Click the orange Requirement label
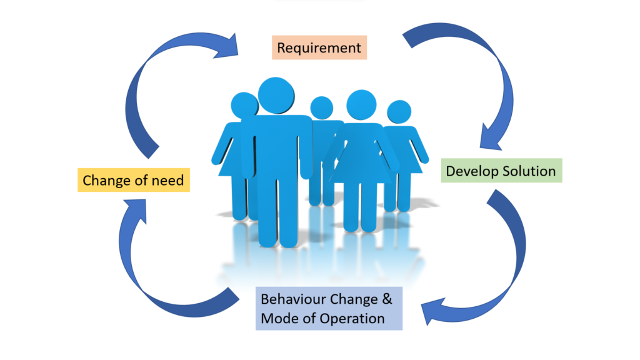pos(319,47)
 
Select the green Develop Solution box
pos(501,171)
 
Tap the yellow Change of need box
pos(134,180)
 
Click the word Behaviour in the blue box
pos(294,299)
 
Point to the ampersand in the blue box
pos(387,299)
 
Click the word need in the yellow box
pos(167,181)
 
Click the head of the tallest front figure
pos(276,96)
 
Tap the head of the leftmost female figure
pos(244,105)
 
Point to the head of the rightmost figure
pos(399,112)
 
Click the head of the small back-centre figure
pos(322,107)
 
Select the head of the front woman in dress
pos(361,105)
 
